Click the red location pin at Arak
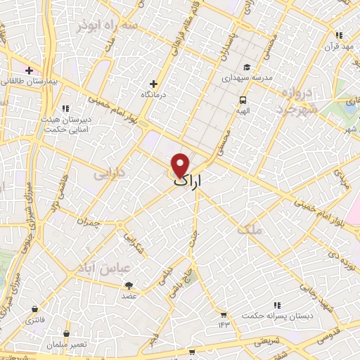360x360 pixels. click(x=181, y=165)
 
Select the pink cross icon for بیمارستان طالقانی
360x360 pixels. click(x=29, y=70)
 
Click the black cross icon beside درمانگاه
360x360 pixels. click(x=153, y=84)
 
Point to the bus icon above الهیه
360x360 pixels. click(x=243, y=100)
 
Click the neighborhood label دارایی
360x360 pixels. click(x=108, y=170)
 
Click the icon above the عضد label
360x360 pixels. click(x=129, y=285)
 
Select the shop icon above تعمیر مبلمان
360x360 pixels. click(x=66, y=333)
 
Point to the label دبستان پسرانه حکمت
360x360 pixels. click(x=276, y=316)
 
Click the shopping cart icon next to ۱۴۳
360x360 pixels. click(x=224, y=314)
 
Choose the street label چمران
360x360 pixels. click(x=91, y=222)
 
